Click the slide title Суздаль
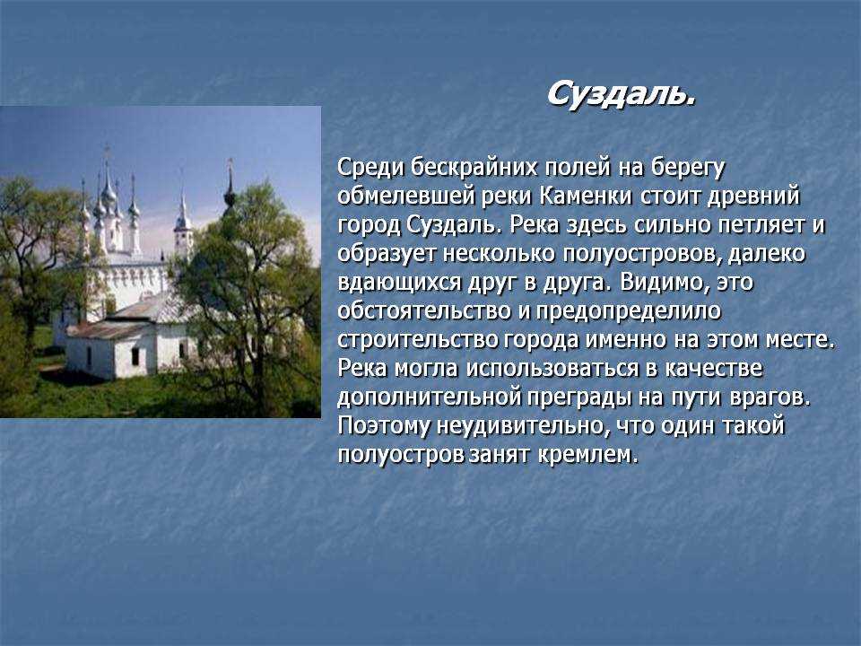pos(621,94)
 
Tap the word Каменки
pos(586,196)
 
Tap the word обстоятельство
pos(424,311)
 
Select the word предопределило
pos(628,312)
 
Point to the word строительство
pos(417,340)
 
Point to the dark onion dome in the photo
pos(230,195)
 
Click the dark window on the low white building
pos(135,356)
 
